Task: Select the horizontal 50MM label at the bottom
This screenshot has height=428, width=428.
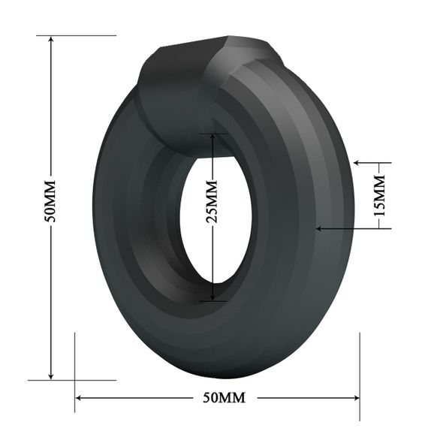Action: (x=219, y=396)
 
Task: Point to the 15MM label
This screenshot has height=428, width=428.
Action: (x=380, y=194)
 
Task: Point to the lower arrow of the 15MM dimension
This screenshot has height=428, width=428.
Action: (x=321, y=227)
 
